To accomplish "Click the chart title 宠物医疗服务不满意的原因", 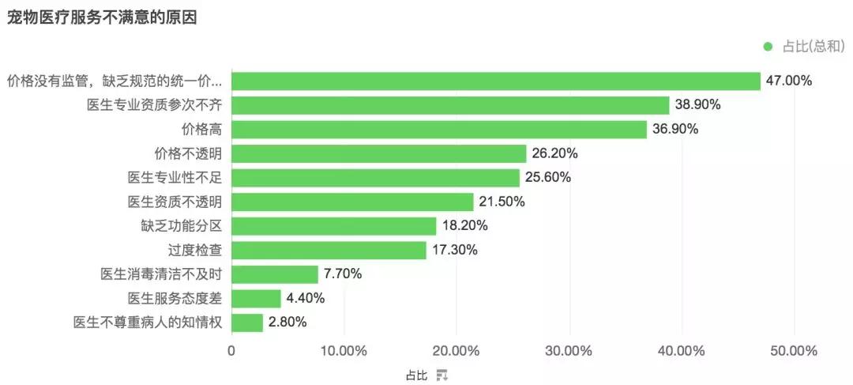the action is [102, 17].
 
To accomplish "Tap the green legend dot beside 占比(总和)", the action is [768, 47].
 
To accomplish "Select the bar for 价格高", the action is [439, 130].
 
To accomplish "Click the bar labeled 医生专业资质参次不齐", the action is [450, 105].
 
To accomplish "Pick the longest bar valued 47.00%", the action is [496, 81].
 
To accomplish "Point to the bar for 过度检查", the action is [329, 251].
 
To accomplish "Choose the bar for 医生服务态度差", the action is [256, 298].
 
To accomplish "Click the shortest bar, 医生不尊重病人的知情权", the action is [247, 323].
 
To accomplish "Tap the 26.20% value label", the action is [555, 153].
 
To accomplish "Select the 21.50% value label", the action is [502, 202].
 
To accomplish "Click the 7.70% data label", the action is [343, 274].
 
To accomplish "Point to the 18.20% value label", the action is [464, 226].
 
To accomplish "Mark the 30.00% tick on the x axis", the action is [569, 351].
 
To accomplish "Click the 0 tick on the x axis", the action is [231, 351].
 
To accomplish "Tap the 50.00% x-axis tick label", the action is [795, 351].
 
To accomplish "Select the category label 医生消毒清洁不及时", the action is [161, 274].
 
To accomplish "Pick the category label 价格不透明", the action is [188, 153].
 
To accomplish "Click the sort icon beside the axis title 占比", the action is [442, 376].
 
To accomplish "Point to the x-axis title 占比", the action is [417, 376].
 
